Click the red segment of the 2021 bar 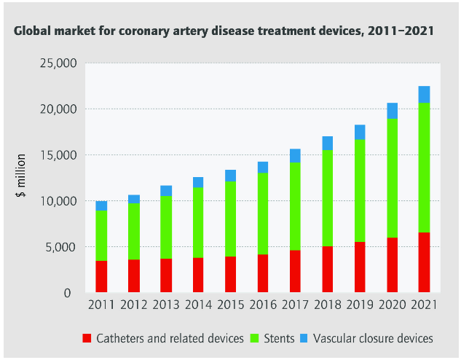424,262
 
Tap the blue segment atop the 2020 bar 392,111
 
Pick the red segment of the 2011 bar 101,276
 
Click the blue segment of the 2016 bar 263,167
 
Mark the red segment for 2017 295,271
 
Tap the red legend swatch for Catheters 87,338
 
